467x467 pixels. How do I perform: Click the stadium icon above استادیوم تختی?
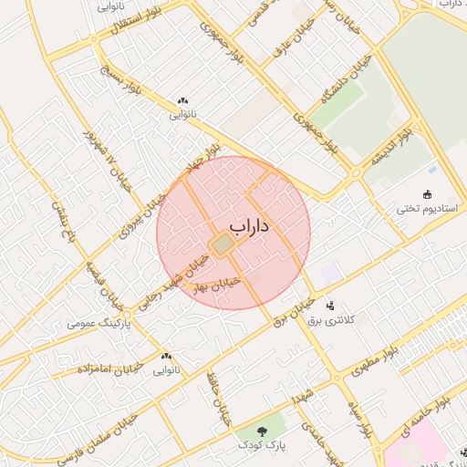click(x=427, y=193)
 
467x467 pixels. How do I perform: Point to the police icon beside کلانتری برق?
click(x=329, y=306)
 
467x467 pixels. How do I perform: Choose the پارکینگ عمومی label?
click(x=99, y=324)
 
